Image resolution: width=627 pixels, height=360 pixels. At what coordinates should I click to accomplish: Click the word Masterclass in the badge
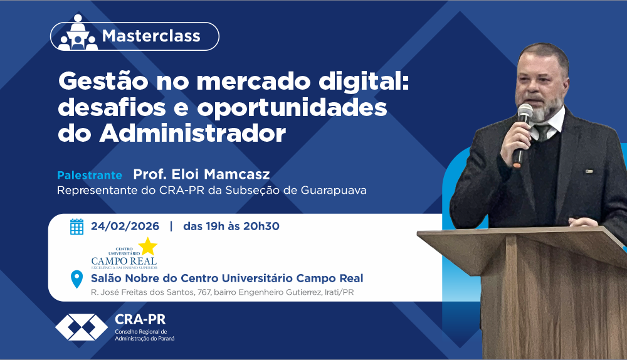click(151, 36)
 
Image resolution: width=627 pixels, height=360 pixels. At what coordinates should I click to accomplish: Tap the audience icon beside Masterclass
click(78, 33)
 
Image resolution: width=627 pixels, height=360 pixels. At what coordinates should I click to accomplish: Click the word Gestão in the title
click(103, 82)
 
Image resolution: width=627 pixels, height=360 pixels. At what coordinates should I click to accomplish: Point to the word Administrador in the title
click(192, 133)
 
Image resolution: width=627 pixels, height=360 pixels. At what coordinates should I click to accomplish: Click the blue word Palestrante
click(90, 175)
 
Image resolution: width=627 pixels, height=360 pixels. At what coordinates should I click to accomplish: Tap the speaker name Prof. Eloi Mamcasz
click(201, 174)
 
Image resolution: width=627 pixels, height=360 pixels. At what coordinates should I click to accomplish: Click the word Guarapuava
click(334, 190)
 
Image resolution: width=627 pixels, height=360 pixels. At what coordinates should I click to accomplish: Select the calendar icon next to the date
click(76, 226)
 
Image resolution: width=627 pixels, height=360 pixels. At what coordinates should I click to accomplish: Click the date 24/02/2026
click(125, 226)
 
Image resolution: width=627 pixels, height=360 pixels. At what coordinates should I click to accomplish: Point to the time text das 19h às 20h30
click(231, 226)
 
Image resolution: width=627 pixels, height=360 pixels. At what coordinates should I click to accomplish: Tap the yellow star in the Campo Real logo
click(147, 246)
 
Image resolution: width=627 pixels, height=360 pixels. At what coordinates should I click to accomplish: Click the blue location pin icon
click(76, 279)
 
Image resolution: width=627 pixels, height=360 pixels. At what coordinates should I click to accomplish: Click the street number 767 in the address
click(204, 292)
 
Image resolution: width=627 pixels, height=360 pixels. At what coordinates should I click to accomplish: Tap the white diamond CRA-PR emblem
click(82, 327)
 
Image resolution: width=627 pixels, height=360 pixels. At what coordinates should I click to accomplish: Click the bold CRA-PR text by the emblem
click(140, 320)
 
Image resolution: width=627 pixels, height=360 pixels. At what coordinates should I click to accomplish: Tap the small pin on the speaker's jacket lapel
click(589, 172)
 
